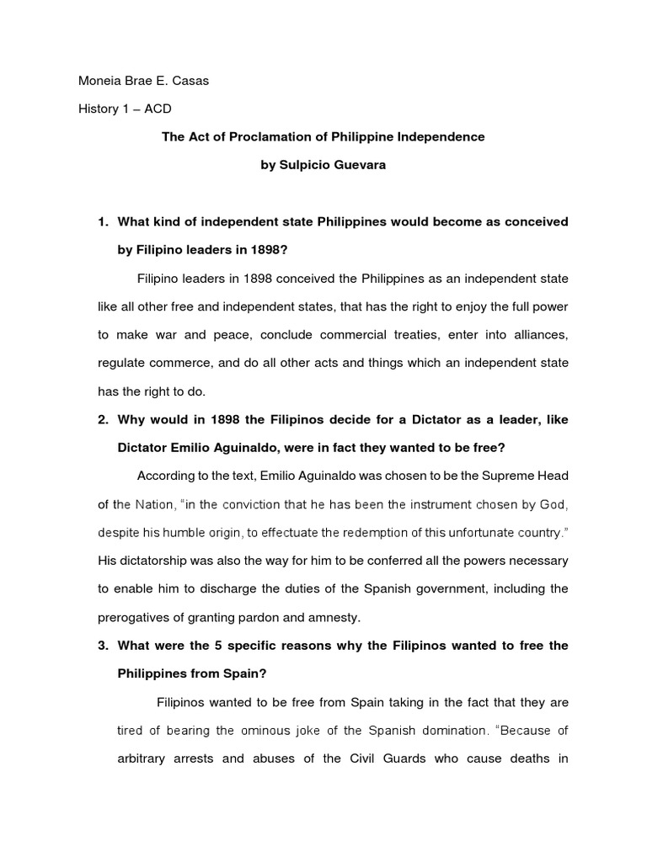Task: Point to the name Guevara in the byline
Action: click(361, 164)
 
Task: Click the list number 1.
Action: click(103, 222)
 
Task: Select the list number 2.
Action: click(103, 419)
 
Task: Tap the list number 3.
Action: click(103, 645)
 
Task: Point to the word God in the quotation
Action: click(553, 503)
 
